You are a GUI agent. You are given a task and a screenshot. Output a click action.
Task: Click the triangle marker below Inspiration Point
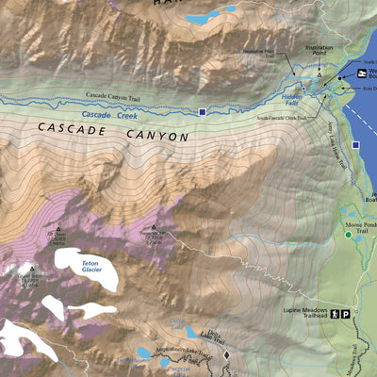pyautogui.click(x=320, y=73)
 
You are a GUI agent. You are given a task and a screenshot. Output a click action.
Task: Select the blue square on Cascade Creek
pyautogui.click(x=203, y=113)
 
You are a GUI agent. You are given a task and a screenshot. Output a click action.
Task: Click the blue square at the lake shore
pyautogui.click(x=355, y=146)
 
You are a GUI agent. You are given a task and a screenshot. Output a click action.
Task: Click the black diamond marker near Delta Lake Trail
pyautogui.click(x=226, y=354)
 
